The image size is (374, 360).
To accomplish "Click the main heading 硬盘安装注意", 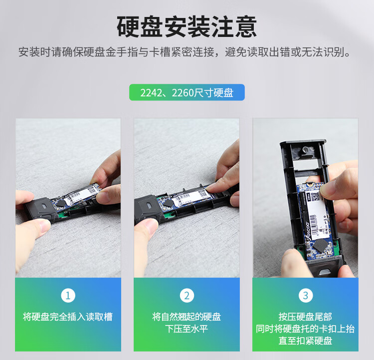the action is [187, 27].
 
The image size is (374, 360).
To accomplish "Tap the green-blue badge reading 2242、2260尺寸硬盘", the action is [187, 92].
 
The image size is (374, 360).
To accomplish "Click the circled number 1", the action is [68, 296].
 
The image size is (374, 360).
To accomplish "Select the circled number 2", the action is [187, 296].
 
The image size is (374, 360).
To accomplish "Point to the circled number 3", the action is [306, 296].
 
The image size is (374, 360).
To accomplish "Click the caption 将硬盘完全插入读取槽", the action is [68, 317].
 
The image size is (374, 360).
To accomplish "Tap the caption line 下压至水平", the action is [187, 329].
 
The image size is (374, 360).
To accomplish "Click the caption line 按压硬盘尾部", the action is [305, 317].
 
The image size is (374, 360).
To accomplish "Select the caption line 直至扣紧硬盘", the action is [305, 341].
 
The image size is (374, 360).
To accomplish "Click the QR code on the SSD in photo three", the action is [315, 196].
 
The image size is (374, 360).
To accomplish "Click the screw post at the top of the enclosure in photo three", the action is [306, 150].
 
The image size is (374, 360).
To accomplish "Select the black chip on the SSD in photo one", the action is [61, 203].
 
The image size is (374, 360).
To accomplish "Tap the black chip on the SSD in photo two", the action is [168, 203].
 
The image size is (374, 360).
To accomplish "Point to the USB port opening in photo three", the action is [324, 272].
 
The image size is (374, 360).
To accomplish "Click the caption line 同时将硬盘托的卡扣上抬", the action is [305, 329].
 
